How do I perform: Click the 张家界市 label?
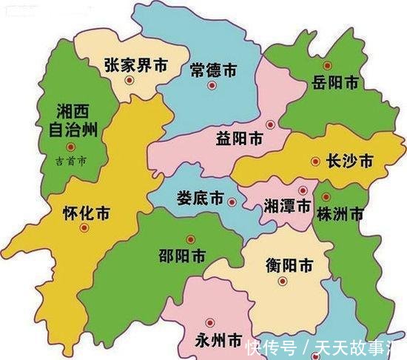pyautogui.click(x=137, y=65)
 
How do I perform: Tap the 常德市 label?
pyautogui.click(x=213, y=70)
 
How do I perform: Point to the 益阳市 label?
pyautogui.click(x=240, y=138)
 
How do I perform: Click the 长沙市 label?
pyautogui.click(x=349, y=161)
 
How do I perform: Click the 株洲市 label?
pyautogui.click(x=340, y=215)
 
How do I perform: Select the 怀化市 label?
pyautogui.click(x=87, y=214)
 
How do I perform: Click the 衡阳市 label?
pyautogui.click(x=289, y=265)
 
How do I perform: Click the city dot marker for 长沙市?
pyautogui.click(x=316, y=161)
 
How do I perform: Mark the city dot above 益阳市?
pyautogui.click(x=270, y=124)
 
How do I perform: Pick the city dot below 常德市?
pyautogui.click(x=212, y=86)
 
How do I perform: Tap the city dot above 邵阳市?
pyautogui.click(x=191, y=239)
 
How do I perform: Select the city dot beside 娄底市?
pyautogui.click(x=232, y=201)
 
